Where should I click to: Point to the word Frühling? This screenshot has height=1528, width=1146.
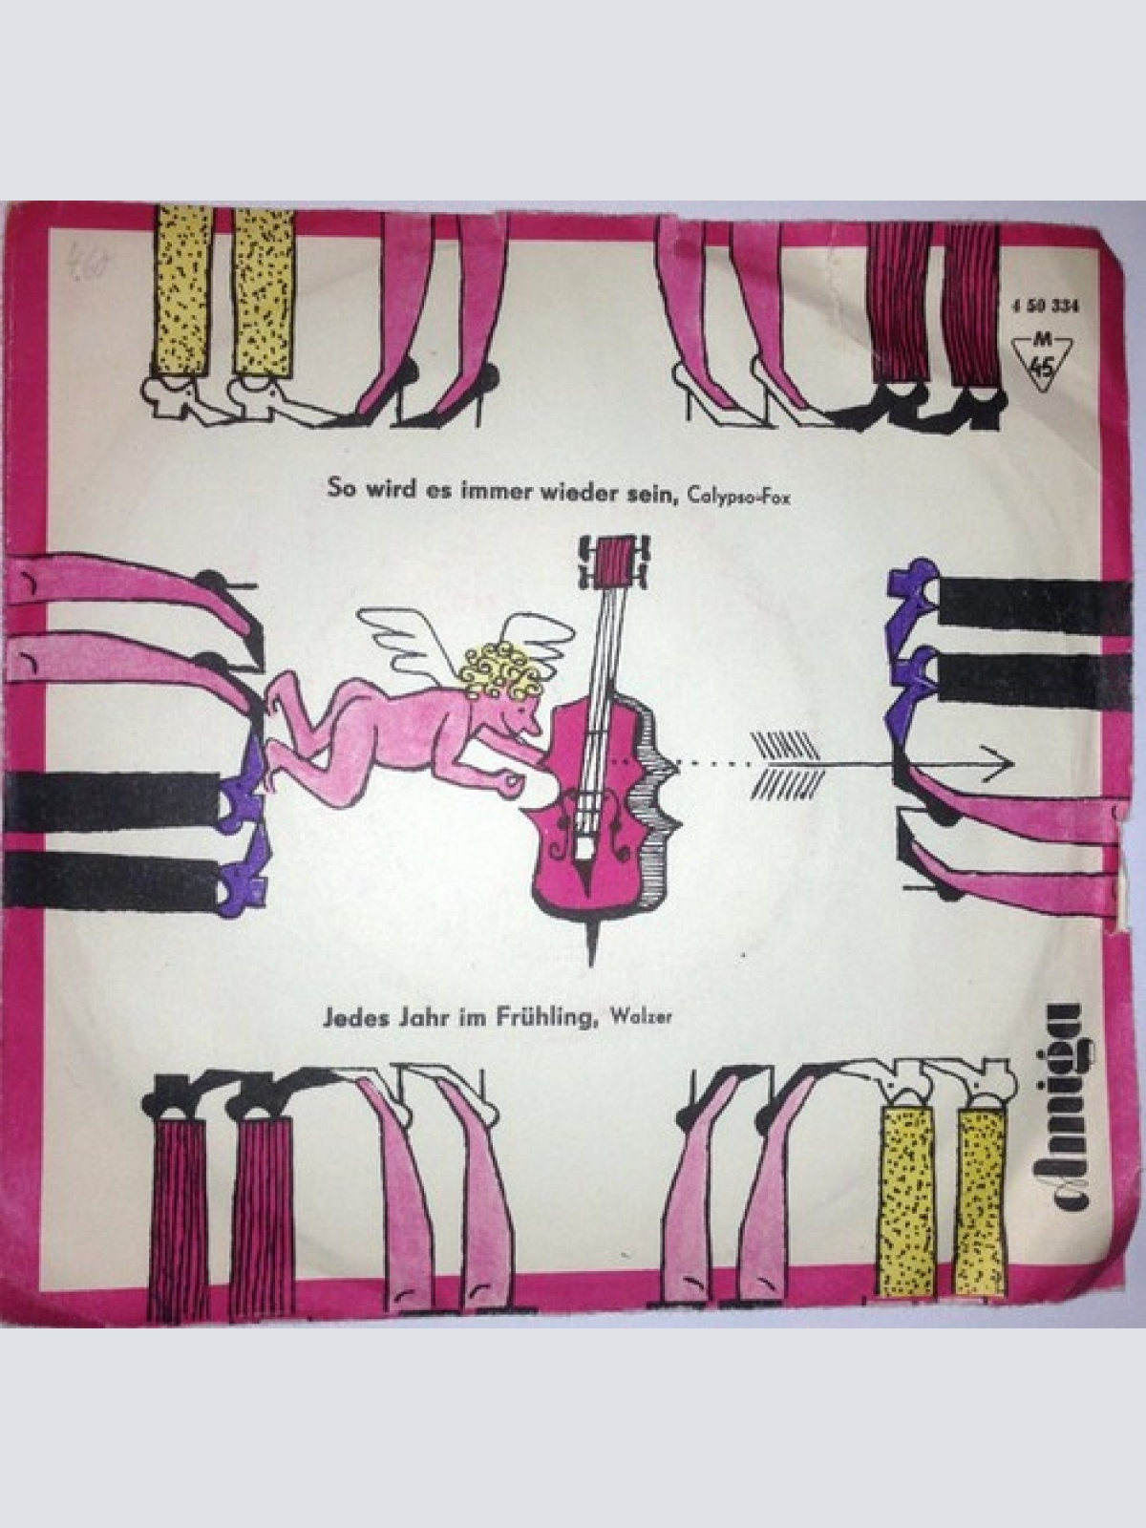[543, 1018]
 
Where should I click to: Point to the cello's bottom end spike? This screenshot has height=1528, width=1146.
[594, 941]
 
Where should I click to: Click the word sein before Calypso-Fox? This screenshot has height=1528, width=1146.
[652, 491]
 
